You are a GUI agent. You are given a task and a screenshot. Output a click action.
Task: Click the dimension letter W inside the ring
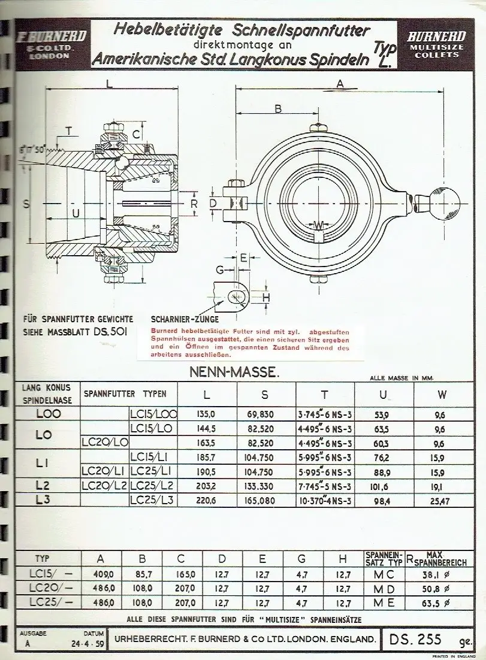pos(319,225)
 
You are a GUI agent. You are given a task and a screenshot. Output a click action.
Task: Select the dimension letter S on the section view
pos(26,204)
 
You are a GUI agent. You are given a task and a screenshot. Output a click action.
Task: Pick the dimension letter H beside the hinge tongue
pos(267,297)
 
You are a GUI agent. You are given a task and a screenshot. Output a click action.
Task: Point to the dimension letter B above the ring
pos(277,108)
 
